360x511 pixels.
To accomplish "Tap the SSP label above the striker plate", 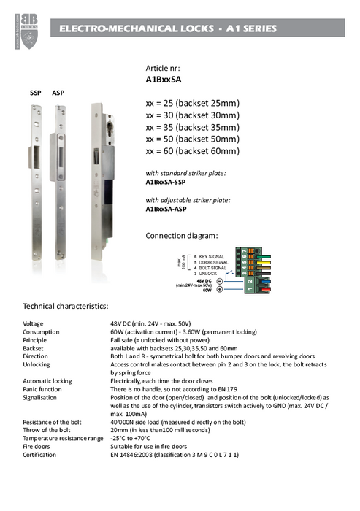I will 35,94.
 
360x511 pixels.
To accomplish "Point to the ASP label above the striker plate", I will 58,94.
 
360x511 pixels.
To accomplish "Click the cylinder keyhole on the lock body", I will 102,115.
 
